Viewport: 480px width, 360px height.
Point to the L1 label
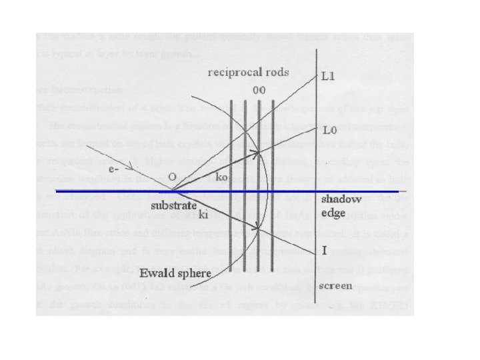(x=328, y=77)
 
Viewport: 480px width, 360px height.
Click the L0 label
(x=328, y=129)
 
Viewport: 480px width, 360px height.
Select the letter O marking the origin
(x=171, y=177)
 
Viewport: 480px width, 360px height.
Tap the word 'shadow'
(x=341, y=199)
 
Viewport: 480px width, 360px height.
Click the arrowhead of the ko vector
(x=257, y=153)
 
